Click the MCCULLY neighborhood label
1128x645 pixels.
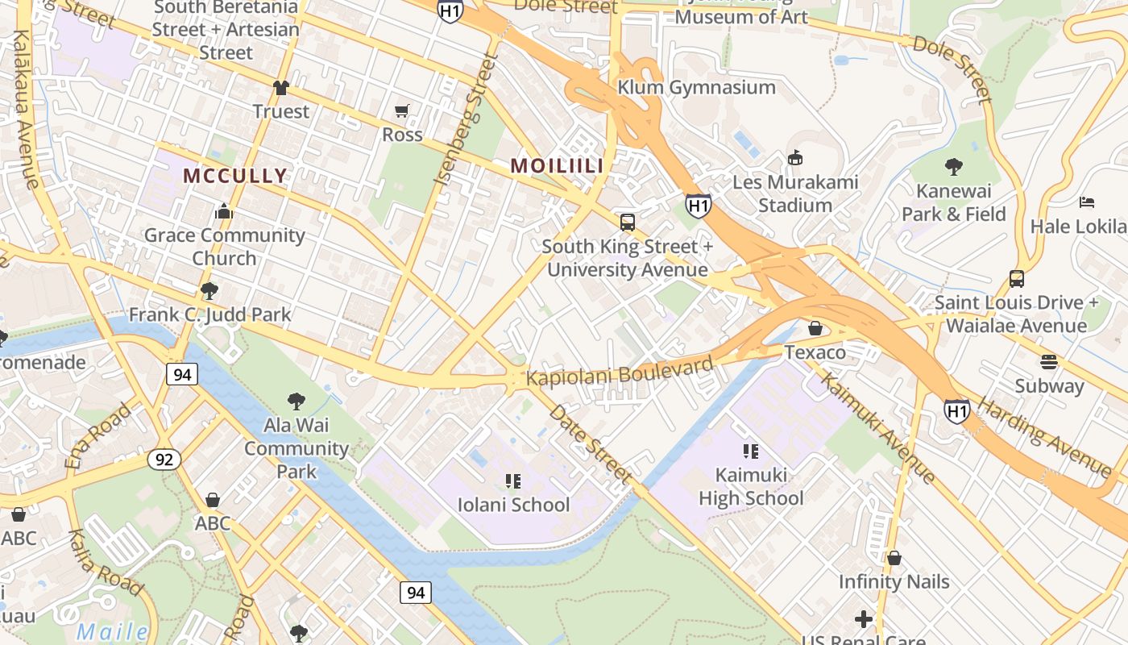[234, 176]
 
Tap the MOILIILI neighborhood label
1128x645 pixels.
[557, 165]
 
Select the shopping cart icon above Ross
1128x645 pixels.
[401, 110]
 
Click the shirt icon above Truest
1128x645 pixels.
[280, 87]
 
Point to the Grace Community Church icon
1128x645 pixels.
[224, 212]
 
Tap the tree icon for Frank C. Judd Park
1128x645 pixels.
[209, 290]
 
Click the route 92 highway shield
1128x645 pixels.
[164, 460]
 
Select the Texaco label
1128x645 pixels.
[815, 352]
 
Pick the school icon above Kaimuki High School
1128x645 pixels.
[751, 451]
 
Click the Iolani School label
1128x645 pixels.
[513, 505]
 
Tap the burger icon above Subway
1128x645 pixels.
[1048, 361]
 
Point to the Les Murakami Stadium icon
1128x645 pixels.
[795, 157]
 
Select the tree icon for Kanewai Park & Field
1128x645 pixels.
[954, 167]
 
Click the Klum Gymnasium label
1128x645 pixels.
[696, 87]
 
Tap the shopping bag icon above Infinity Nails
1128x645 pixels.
[894, 557]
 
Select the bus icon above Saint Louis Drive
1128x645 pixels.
[1017, 279]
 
